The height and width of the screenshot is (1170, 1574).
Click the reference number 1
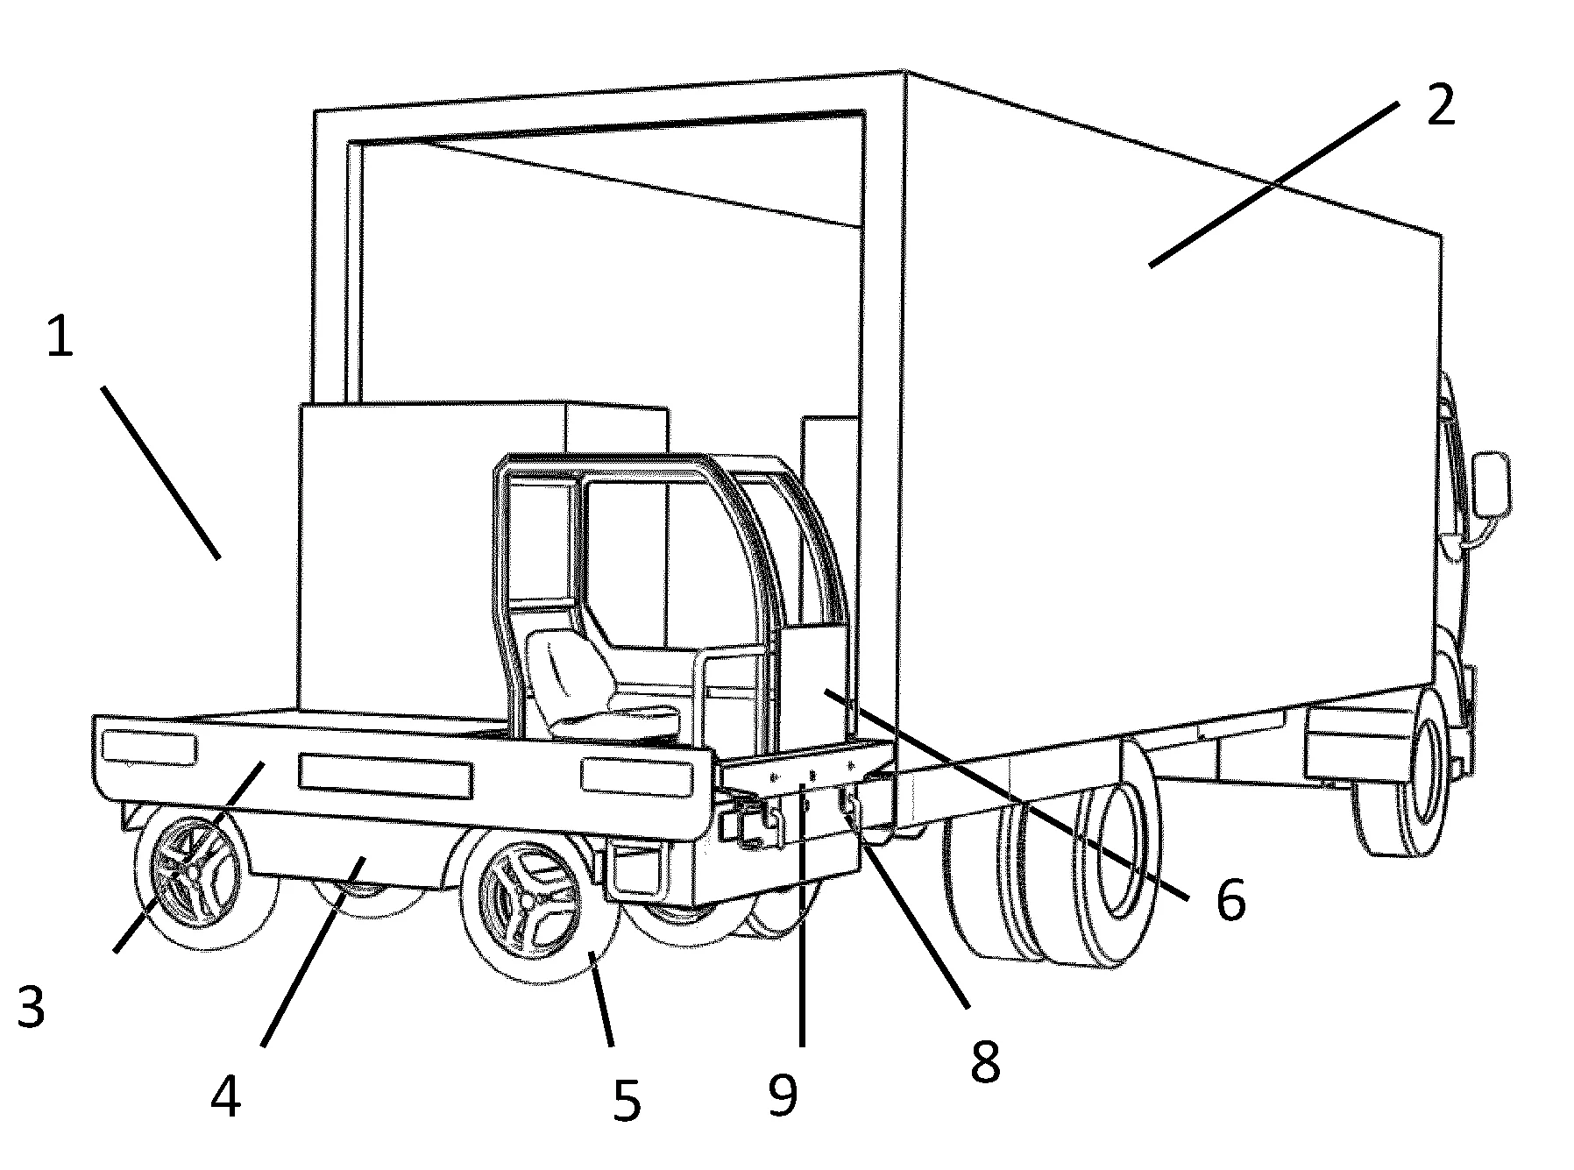[x=60, y=339]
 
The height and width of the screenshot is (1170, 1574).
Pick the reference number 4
[x=226, y=1096]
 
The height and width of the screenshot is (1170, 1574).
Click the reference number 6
[x=1230, y=899]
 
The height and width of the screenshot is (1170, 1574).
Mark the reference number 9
[x=783, y=1095]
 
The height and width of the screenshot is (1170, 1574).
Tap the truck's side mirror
[x=1492, y=485]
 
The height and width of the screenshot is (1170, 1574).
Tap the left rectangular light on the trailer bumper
[x=149, y=747]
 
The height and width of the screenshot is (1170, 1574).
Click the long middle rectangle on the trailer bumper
[x=386, y=776]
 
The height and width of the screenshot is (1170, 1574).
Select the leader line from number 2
[x=1273, y=182]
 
